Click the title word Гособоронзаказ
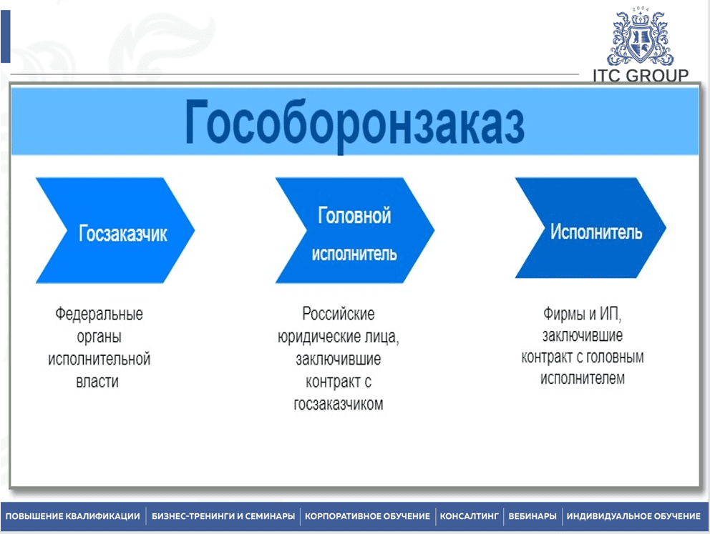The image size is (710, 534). click(x=354, y=124)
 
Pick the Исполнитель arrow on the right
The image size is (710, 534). click(x=590, y=228)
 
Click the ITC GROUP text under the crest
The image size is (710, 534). click(x=641, y=76)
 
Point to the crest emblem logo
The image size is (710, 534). click(x=641, y=37)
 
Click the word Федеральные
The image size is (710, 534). click(x=99, y=314)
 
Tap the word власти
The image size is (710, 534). click(x=97, y=382)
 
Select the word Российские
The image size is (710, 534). click(x=339, y=314)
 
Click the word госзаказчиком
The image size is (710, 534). click(x=339, y=404)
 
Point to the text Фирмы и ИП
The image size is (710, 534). click(x=583, y=313)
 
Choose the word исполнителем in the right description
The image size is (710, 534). click(x=583, y=378)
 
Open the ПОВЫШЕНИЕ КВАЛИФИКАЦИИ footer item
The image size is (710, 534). click(x=73, y=516)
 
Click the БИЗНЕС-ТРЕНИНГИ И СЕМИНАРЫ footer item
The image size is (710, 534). click(x=223, y=516)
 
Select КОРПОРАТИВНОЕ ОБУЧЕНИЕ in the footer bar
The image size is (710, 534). click(x=367, y=516)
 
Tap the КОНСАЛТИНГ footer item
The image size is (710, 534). click(x=469, y=516)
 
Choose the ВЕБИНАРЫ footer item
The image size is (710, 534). click(x=532, y=516)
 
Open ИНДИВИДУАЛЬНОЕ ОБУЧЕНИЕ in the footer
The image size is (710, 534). click(x=633, y=516)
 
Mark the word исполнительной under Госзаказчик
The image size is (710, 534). click(x=99, y=359)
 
